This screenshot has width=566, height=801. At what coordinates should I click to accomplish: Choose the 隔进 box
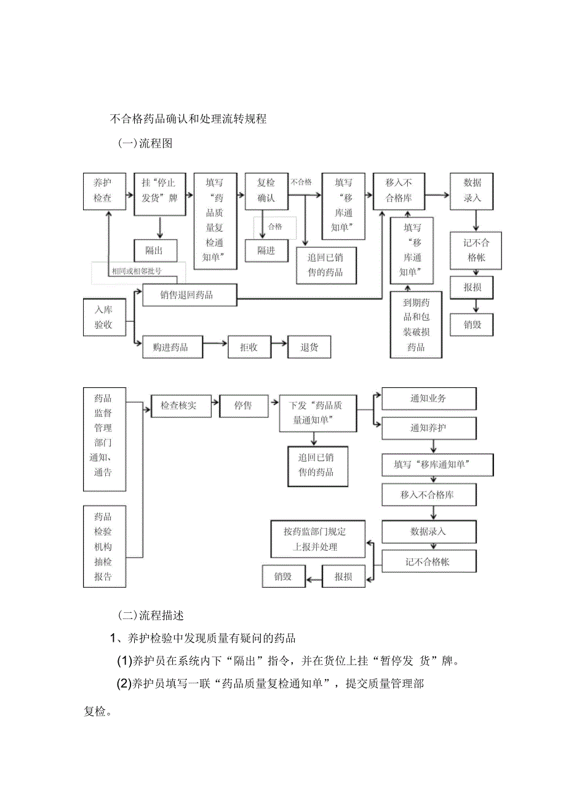(266, 250)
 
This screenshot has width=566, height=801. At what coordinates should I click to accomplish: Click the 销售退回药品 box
(187, 295)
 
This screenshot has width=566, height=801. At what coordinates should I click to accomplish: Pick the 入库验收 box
(103, 317)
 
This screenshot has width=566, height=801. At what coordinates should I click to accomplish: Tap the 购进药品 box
(170, 347)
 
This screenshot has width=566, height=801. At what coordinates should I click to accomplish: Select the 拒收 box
(249, 347)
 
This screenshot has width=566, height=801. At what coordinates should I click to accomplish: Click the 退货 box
(309, 347)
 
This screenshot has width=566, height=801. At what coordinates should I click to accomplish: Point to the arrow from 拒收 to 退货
(279, 347)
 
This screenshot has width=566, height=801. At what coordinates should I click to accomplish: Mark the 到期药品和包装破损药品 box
(416, 325)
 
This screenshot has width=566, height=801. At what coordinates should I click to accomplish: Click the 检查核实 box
(178, 406)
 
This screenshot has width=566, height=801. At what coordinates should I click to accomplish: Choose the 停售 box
(243, 406)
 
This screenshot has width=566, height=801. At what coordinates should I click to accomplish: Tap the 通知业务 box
(429, 398)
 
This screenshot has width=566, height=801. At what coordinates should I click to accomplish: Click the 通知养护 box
(429, 428)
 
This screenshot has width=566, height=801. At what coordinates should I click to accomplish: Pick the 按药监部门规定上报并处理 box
(314, 539)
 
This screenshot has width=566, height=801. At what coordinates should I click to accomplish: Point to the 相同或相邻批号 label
(137, 271)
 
